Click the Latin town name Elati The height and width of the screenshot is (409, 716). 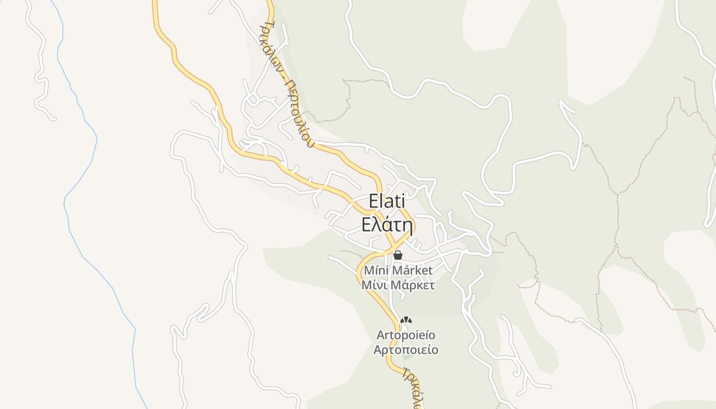pos(387,201)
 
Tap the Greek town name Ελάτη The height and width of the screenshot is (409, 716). pos(387,224)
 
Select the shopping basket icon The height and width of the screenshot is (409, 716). pos(398,255)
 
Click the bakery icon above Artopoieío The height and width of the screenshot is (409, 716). pos(406,321)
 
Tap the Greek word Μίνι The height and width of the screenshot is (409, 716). pos(374,285)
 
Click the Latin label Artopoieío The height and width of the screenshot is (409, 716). pos(406,335)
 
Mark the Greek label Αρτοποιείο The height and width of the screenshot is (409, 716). pos(406,350)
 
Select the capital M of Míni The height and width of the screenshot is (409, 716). pos(368,270)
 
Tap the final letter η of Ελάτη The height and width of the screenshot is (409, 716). pos(407,225)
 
